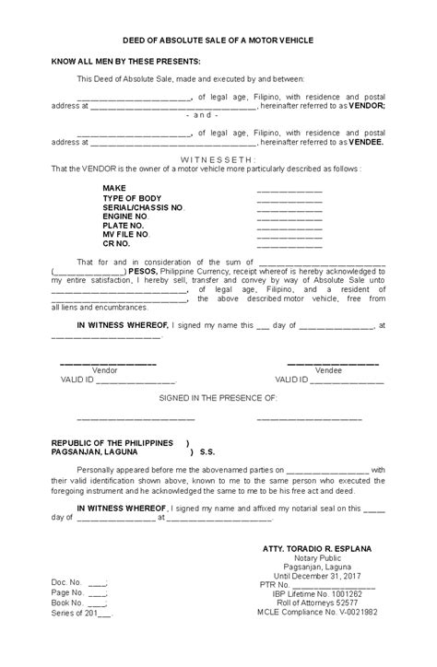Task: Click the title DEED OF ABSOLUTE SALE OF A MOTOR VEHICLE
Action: coord(218,41)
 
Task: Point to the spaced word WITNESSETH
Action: coord(218,158)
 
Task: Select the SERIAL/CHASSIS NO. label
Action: coord(144,208)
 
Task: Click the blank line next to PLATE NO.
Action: coord(289,227)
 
